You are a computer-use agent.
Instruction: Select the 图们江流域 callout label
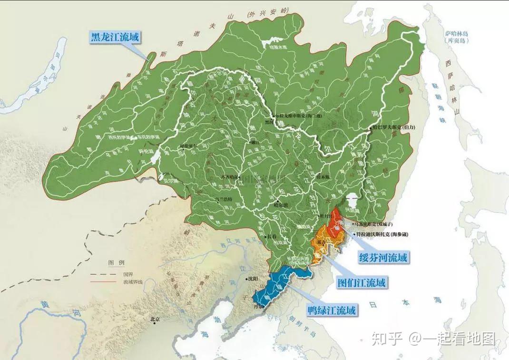point(361,282)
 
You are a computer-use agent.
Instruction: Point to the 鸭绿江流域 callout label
point(332,311)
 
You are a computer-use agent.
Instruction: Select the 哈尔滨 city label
point(282,205)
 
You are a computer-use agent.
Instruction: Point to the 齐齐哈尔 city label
point(229,177)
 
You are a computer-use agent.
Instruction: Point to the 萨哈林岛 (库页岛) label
point(457,38)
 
